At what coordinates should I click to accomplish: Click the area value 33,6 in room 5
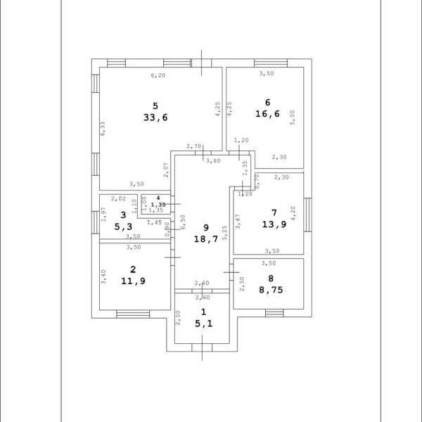coord(155,117)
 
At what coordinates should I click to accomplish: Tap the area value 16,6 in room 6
coord(267,114)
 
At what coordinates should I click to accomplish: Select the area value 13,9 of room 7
coord(274,224)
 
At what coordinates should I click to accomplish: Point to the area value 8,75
coord(271,290)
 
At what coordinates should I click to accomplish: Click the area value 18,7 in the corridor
coord(206,239)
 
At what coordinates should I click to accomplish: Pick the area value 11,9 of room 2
coord(133,281)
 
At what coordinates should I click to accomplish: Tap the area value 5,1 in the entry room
coord(204,324)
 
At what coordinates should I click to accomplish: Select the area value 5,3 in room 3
coord(123,226)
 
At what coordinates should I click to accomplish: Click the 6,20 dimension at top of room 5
coord(158,76)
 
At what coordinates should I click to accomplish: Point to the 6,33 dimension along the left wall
coord(103,129)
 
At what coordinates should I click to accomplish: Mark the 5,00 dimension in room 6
coord(293,117)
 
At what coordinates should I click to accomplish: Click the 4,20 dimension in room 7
coord(293,213)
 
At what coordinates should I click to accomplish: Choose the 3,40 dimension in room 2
coord(103,276)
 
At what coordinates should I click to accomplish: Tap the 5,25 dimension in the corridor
coord(225,233)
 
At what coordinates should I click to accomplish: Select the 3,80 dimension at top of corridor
coord(213,161)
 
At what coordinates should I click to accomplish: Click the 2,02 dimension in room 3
coord(118,198)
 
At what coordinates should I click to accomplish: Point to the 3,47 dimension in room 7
coord(238,222)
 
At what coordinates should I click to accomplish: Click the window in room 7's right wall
coord(308,215)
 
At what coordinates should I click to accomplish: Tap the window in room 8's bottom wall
coord(274,313)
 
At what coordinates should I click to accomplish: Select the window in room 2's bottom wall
coord(133,314)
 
